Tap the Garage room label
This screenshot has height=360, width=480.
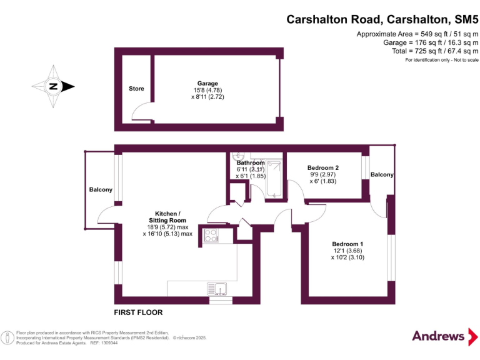click(x=207, y=84)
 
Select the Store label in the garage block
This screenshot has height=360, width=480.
click(x=136, y=89)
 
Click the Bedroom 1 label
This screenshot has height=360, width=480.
click(x=347, y=244)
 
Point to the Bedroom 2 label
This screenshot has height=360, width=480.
click(x=323, y=167)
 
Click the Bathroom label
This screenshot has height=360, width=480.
click(x=251, y=163)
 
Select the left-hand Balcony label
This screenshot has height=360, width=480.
click(x=101, y=190)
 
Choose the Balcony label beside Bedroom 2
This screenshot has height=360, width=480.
click(x=382, y=175)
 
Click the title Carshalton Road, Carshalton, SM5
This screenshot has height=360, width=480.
click(x=382, y=19)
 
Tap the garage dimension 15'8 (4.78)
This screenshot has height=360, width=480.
click(x=207, y=91)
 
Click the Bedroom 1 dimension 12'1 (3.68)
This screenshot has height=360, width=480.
click(x=347, y=251)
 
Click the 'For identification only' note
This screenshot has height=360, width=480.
click(x=441, y=60)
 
